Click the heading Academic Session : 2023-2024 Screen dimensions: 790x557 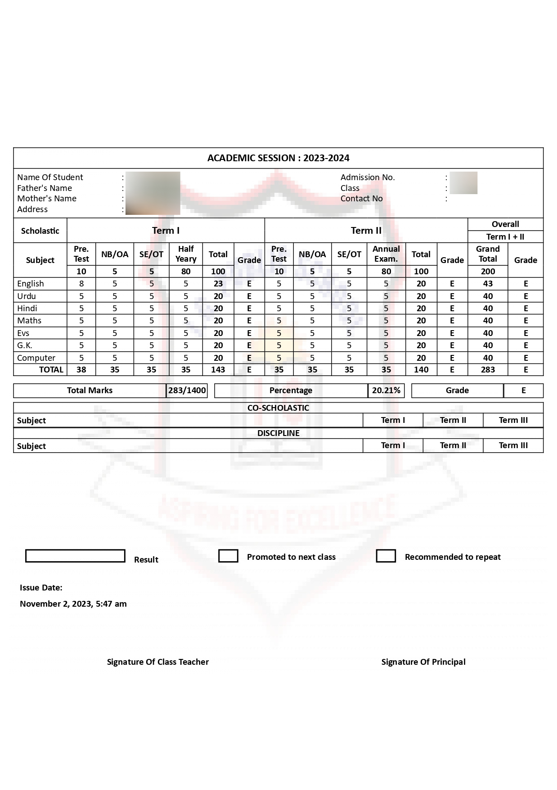click(278, 158)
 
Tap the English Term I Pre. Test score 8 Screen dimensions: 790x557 click(81, 284)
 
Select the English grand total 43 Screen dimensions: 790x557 click(488, 284)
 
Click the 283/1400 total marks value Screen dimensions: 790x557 click(187, 390)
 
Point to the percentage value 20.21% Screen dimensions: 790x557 click(386, 390)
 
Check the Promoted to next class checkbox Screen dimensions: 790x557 click(228, 556)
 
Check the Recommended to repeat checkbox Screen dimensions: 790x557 click(386, 556)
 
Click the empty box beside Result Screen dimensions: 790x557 click(75, 556)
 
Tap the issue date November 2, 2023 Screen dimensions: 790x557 click(73, 604)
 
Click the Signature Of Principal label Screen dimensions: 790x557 click(423, 662)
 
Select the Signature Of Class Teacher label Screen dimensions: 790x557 click(158, 662)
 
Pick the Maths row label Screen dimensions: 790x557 click(29, 321)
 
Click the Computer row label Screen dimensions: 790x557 click(36, 358)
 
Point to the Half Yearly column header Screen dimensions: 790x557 click(186, 254)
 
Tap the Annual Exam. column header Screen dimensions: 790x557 click(386, 254)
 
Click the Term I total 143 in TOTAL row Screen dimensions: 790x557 click(218, 370)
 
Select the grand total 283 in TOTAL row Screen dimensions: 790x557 click(488, 370)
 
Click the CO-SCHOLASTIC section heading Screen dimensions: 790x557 click(278, 408)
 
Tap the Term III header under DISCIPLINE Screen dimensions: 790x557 click(513, 445)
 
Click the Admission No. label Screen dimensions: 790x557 click(368, 177)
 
